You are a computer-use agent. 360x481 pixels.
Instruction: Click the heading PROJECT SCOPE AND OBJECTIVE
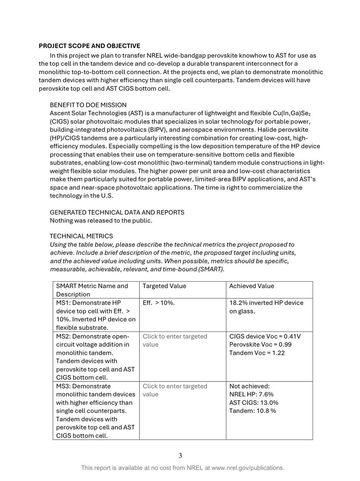tap(89, 46)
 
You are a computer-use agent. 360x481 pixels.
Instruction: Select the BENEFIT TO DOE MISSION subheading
tap(88, 105)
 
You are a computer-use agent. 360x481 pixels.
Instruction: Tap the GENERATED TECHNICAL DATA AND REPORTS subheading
tap(117, 212)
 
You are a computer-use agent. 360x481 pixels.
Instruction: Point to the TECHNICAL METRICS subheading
tap(81, 236)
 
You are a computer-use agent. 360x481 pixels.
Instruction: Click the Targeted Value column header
tap(164, 286)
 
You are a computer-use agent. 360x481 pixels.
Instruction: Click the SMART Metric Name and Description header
tap(92, 290)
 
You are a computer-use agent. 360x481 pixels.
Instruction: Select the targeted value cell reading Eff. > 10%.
tap(159, 303)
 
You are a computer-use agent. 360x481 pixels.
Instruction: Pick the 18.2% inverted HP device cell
tap(266, 307)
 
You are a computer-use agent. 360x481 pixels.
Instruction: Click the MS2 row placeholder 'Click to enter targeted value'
tap(175, 340)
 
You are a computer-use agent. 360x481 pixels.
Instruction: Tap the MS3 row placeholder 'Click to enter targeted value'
tap(175, 390)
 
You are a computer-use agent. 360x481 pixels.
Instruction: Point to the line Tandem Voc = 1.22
tap(257, 353)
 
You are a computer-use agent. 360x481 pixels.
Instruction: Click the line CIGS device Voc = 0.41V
tap(265, 336)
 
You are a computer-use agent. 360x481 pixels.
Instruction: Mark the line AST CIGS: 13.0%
tap(254, 402)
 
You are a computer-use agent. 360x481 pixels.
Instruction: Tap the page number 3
tap(180, 455)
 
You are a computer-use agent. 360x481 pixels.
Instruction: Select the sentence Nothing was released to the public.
tap(101, 220)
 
